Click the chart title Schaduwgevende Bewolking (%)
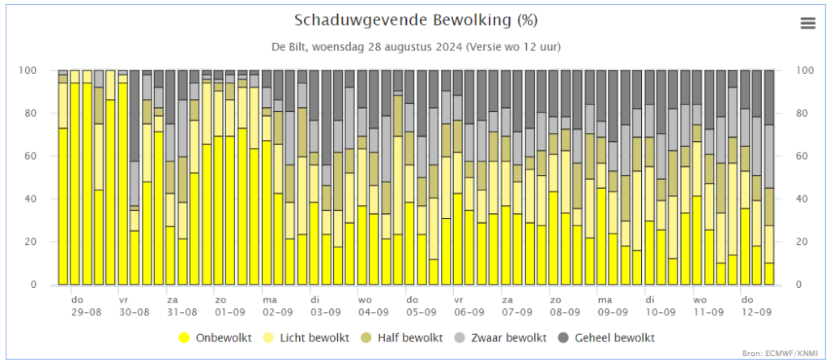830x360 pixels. (x=416, y=20)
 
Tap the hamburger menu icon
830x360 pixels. (x=808, y=24)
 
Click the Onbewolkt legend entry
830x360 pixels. (x=216, y=338)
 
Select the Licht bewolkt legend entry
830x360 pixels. (x=307, y=338)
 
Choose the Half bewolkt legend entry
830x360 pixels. (x=402, y=338)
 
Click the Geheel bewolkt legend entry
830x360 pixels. (x=606, y=338)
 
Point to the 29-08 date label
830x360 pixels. (x=87, y=312)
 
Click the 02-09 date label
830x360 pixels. (x=278, y=312)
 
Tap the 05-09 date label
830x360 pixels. (x=421, y=312)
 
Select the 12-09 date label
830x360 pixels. (x=756, y=312)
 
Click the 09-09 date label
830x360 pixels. (x=613, y=312)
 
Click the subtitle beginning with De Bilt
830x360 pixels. (x=416, y=47)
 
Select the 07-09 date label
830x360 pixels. (x=517, y=312)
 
